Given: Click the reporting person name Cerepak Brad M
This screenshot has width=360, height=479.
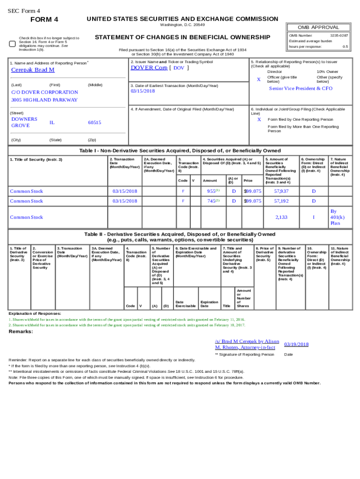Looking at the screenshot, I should pos(33,70).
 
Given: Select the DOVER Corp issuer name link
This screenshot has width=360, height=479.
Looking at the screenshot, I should pos(149,67).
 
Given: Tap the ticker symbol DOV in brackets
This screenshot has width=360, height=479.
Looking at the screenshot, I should pos(179,68).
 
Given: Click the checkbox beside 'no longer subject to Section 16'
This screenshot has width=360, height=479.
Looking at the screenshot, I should pos(13,44).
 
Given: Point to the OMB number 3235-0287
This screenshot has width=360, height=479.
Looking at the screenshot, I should pos(339,36).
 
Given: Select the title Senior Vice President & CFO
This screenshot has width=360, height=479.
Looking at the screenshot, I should pos(301,88).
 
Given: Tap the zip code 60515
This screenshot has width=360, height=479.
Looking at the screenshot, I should pos(94,123).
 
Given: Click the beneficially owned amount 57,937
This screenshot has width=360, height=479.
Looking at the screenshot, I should pos(281,191).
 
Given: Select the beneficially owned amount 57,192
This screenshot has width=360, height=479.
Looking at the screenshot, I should pos(281,201).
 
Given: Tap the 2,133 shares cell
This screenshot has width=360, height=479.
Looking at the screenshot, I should pos(281,217).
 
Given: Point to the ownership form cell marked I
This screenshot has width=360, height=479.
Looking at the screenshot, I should pos(314,217).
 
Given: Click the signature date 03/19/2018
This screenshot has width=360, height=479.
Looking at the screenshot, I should pos(296,344).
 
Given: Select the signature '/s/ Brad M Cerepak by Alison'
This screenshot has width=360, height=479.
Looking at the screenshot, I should pos(247,341).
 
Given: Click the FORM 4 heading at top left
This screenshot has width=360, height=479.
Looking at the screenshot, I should pos(44,20).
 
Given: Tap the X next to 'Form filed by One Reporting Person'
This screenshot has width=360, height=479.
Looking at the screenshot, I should pos(259,119).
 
